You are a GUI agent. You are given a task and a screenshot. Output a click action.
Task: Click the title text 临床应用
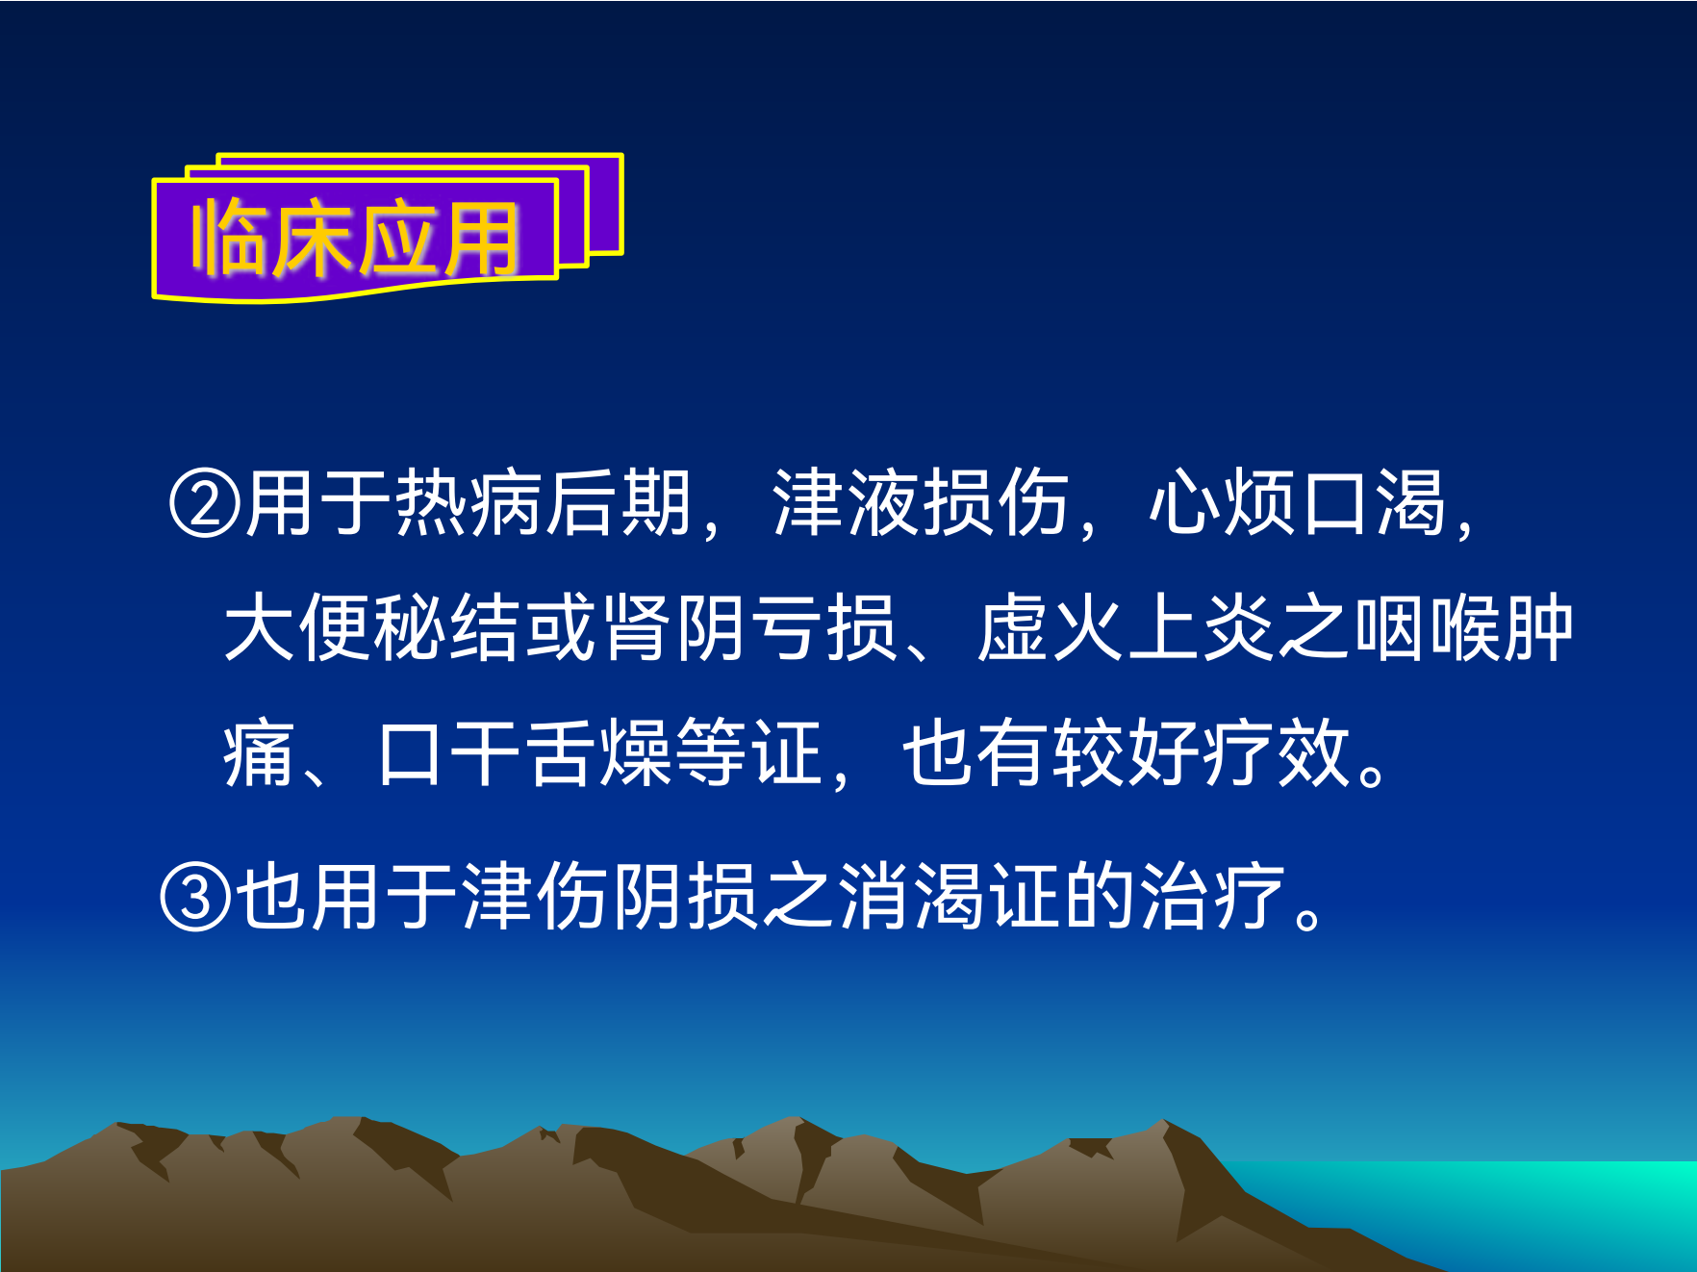coord(356,238)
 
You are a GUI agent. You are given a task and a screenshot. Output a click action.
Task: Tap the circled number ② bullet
coord(204,503)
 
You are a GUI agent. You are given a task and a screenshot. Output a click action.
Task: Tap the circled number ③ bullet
coord(195,897)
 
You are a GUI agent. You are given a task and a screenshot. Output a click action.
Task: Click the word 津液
coord(846,502)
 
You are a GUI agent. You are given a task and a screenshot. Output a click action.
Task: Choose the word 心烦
coord(1222,502)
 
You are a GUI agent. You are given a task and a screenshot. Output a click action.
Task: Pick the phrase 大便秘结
coord(373,628)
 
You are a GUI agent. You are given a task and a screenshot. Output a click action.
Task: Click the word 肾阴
coord(674,628)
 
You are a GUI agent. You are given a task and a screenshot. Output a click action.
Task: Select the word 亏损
coord(824,628)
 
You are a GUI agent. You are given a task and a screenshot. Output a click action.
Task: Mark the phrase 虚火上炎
coord(1126,628)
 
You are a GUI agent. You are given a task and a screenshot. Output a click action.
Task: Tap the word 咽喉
coord(1427,628)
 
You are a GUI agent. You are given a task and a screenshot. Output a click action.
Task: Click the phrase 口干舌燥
coord(523,753)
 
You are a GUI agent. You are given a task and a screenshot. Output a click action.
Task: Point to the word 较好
coord(1126,753)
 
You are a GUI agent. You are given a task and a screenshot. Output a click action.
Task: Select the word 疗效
coord(1277,753)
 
